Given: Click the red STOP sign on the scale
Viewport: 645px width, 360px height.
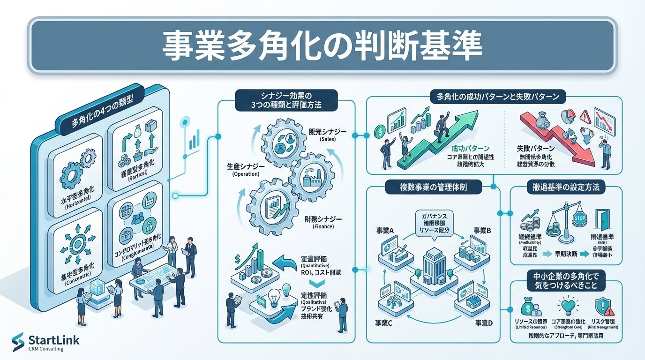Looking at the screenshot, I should [x=579, y=217].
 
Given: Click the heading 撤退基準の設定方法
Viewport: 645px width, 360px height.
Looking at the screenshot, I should [x=565, y=187].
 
